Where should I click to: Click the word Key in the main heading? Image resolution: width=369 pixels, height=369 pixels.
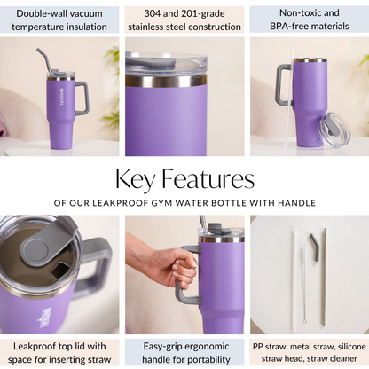(x=135, y=180)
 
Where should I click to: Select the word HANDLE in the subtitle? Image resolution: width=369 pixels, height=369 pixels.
(x=297, y=203)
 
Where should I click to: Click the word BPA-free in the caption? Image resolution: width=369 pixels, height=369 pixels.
(x=288, y=26)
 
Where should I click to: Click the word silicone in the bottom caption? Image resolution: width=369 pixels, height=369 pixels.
(x=352, y=346)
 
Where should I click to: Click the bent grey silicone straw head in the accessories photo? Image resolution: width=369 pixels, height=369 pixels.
(x=315, y=247)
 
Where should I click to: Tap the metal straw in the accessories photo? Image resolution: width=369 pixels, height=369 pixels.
(x=324, y=276)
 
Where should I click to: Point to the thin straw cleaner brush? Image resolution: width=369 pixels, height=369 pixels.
(x=303, y=283)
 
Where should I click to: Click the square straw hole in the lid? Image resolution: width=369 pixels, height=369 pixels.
(x=61, y=270)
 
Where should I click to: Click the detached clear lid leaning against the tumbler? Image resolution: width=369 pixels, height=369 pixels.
(x=334, y=130)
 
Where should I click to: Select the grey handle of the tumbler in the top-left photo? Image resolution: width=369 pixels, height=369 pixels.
(x=82, y=98)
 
